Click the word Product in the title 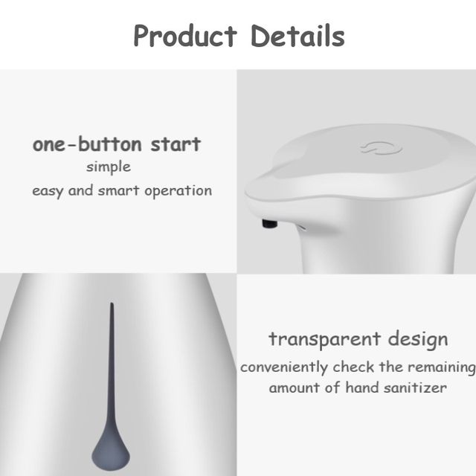click(185, 36)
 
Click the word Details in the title click(297, 36)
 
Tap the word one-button click(87, 144)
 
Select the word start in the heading click(176, 144)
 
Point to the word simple click(109, 167)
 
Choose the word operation click(178, 191)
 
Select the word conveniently click(284, 367)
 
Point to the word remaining click(442, 367)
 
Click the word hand click(362, 387)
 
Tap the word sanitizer click(415, 387)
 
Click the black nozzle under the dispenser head click(269, 223)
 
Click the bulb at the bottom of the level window click(111, 454)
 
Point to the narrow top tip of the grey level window click(112, 303)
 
